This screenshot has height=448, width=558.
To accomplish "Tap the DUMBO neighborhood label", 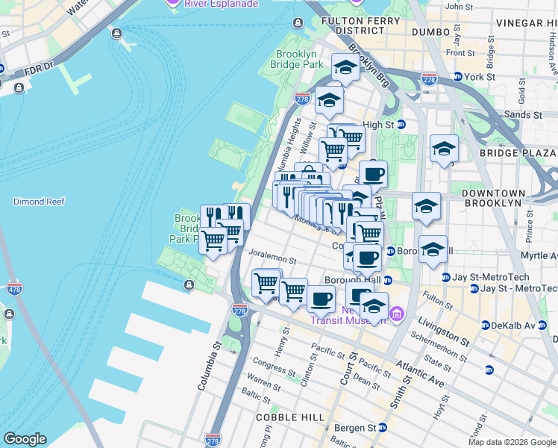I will [433, 32].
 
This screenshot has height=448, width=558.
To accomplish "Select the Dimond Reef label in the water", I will [39, 202].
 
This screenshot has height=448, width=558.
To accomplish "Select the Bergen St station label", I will [359, 428].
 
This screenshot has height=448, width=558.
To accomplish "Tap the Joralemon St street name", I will [273, 262].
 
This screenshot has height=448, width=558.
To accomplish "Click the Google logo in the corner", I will [25, 439].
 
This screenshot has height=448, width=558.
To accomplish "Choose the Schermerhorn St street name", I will [444, 352].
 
